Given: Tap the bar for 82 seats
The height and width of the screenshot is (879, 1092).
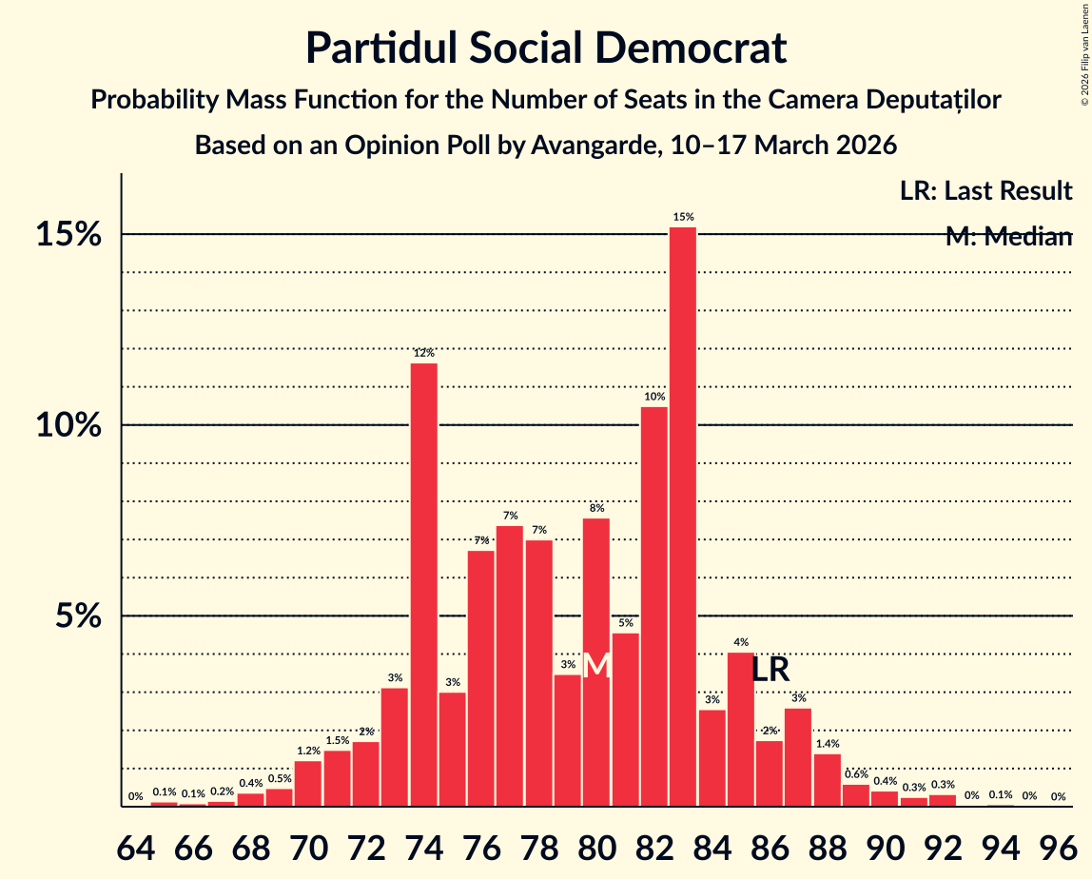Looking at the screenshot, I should (653, 606).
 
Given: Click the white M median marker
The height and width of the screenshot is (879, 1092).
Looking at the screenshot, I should (596, 665).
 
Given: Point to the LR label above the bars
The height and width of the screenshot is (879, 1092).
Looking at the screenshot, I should (770, 670).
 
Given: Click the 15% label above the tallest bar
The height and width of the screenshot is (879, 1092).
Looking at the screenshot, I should (682, 217).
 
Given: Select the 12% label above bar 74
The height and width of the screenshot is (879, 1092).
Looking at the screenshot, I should (423, 353).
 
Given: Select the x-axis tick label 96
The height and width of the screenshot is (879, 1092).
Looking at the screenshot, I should (1057, 848).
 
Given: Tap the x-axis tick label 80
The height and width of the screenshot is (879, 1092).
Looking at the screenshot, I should (596, 848).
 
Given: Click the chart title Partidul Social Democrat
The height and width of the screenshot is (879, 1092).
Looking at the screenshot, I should (546, 48).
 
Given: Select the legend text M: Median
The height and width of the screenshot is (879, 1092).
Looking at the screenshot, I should (1008, 237).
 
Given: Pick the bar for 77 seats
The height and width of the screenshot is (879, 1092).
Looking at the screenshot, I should (510, 666).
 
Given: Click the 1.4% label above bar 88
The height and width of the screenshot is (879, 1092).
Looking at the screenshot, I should (827, 744).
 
